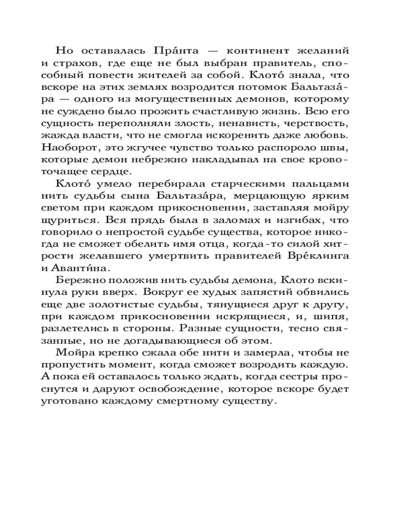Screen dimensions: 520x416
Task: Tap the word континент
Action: [256, 51]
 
